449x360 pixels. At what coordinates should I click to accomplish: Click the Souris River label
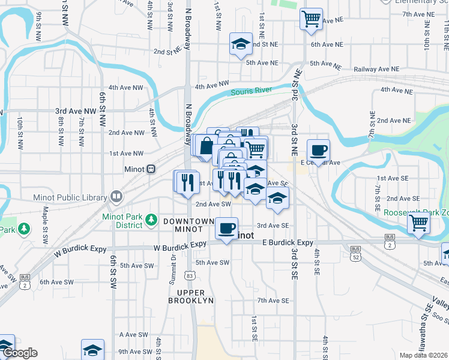(252, 91)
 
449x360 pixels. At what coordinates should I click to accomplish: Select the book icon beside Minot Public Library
(115, 196)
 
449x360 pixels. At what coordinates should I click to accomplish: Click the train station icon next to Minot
(151, 169)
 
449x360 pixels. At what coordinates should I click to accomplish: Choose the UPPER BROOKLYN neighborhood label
(191, 295)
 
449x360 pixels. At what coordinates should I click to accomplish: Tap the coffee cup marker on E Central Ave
(318, 150)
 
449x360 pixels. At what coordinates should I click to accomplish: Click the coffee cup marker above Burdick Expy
(226, 228)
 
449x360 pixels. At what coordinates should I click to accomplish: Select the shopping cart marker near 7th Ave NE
(311, 19)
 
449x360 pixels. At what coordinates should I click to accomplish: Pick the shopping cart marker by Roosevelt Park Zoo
(418, 223)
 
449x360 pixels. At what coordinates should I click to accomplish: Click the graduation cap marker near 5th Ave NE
(241, 44)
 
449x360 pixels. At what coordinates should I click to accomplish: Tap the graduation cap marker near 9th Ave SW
(92, 350)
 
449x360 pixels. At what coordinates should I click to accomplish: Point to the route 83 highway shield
(190, 275)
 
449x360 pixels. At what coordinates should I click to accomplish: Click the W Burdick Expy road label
(180, 245)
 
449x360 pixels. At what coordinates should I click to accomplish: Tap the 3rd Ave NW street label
(76, 111)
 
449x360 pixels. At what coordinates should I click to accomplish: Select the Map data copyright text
(424, 355)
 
